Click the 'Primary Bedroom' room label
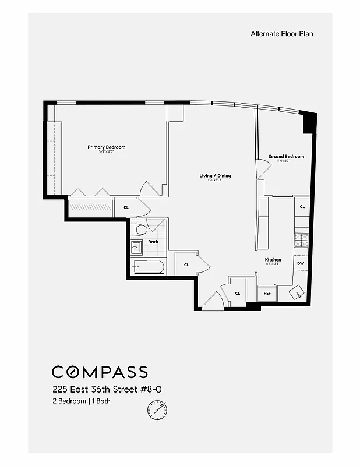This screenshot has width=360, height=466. [107, 147]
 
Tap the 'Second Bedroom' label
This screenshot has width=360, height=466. [286, 156]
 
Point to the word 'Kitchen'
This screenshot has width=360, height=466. [273, 260]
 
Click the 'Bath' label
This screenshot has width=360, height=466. [153, 241]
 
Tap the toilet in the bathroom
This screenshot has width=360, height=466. [142, 230]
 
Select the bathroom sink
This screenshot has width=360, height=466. [137, 248]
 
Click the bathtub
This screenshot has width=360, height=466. [148, 267]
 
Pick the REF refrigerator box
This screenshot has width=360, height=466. [267, 294]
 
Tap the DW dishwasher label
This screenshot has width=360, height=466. [301, 264]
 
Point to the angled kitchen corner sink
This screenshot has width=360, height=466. [298, 292]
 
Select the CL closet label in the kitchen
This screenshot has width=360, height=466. [302, 207]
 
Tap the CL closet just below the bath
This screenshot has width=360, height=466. [186, 264]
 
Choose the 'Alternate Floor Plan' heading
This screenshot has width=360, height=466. [282, 34]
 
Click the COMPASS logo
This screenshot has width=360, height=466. [100, 372]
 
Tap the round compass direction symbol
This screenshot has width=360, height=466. [157, 410]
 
